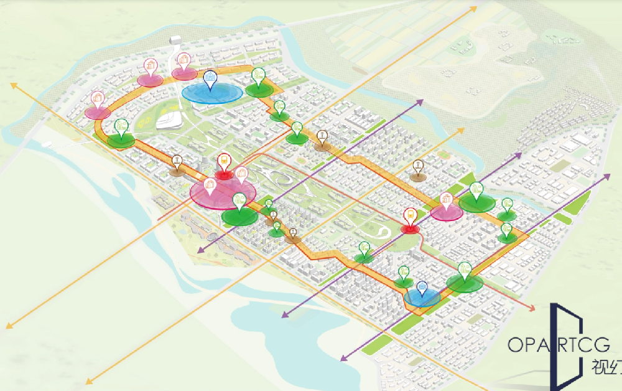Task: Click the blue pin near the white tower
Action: (210, 79)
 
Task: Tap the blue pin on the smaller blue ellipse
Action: (422, 287)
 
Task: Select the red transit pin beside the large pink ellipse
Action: (223, 161)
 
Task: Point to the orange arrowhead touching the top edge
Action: (474, 8)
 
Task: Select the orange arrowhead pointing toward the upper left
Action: (12, 85)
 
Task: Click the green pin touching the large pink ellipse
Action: (239, 200)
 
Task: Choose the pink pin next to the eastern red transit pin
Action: (446, 200)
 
